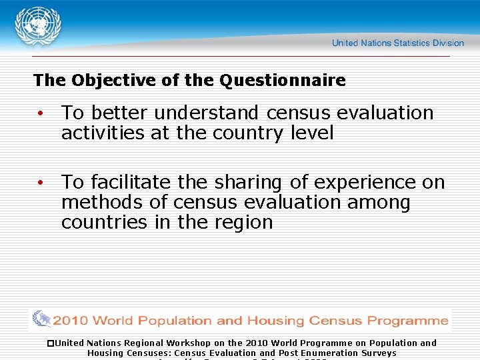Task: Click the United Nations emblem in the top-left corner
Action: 38,27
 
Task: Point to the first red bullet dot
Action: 41,114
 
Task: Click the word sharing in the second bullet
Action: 253,182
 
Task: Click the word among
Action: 377,202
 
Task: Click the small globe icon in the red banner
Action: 41,319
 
